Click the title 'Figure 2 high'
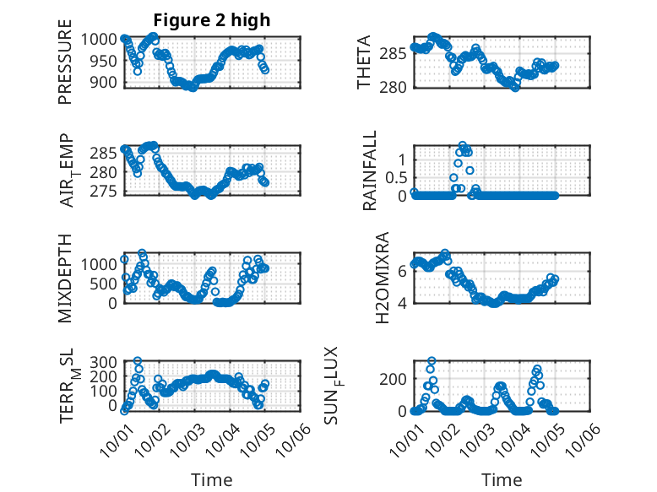(211, 20)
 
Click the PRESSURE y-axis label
(65, 68)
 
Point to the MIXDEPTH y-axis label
(65, 278)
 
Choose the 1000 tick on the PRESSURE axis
(101, 39)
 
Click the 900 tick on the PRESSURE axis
(106, 83)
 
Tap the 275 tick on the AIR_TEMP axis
(106, 191)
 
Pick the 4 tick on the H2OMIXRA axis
(405, 302)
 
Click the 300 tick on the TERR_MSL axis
(106, 362)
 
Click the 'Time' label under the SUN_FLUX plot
(502, 479)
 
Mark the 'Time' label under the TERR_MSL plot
(212, 479)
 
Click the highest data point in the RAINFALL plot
(463, 145)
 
